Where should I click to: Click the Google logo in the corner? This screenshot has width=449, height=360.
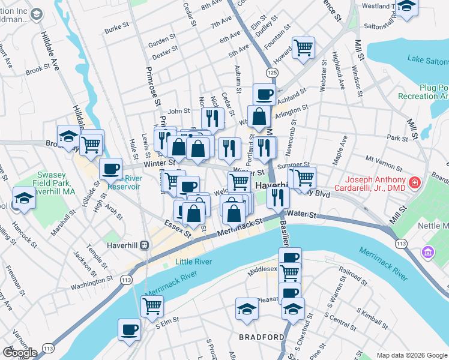pos(19,353)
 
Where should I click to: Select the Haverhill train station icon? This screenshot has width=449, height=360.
pos(144,245)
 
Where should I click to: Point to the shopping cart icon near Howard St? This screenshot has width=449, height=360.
pos(304,47)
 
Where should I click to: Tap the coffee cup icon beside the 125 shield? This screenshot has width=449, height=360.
pos(264,94)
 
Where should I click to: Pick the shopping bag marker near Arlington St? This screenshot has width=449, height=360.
pos(259,116)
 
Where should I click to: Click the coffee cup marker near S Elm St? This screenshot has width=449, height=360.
pos(130,329)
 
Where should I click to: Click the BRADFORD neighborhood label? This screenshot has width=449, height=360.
pos(261,337)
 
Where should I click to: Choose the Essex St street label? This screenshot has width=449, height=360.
pos(178,230)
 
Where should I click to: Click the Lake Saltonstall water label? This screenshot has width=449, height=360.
pos(427,59)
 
